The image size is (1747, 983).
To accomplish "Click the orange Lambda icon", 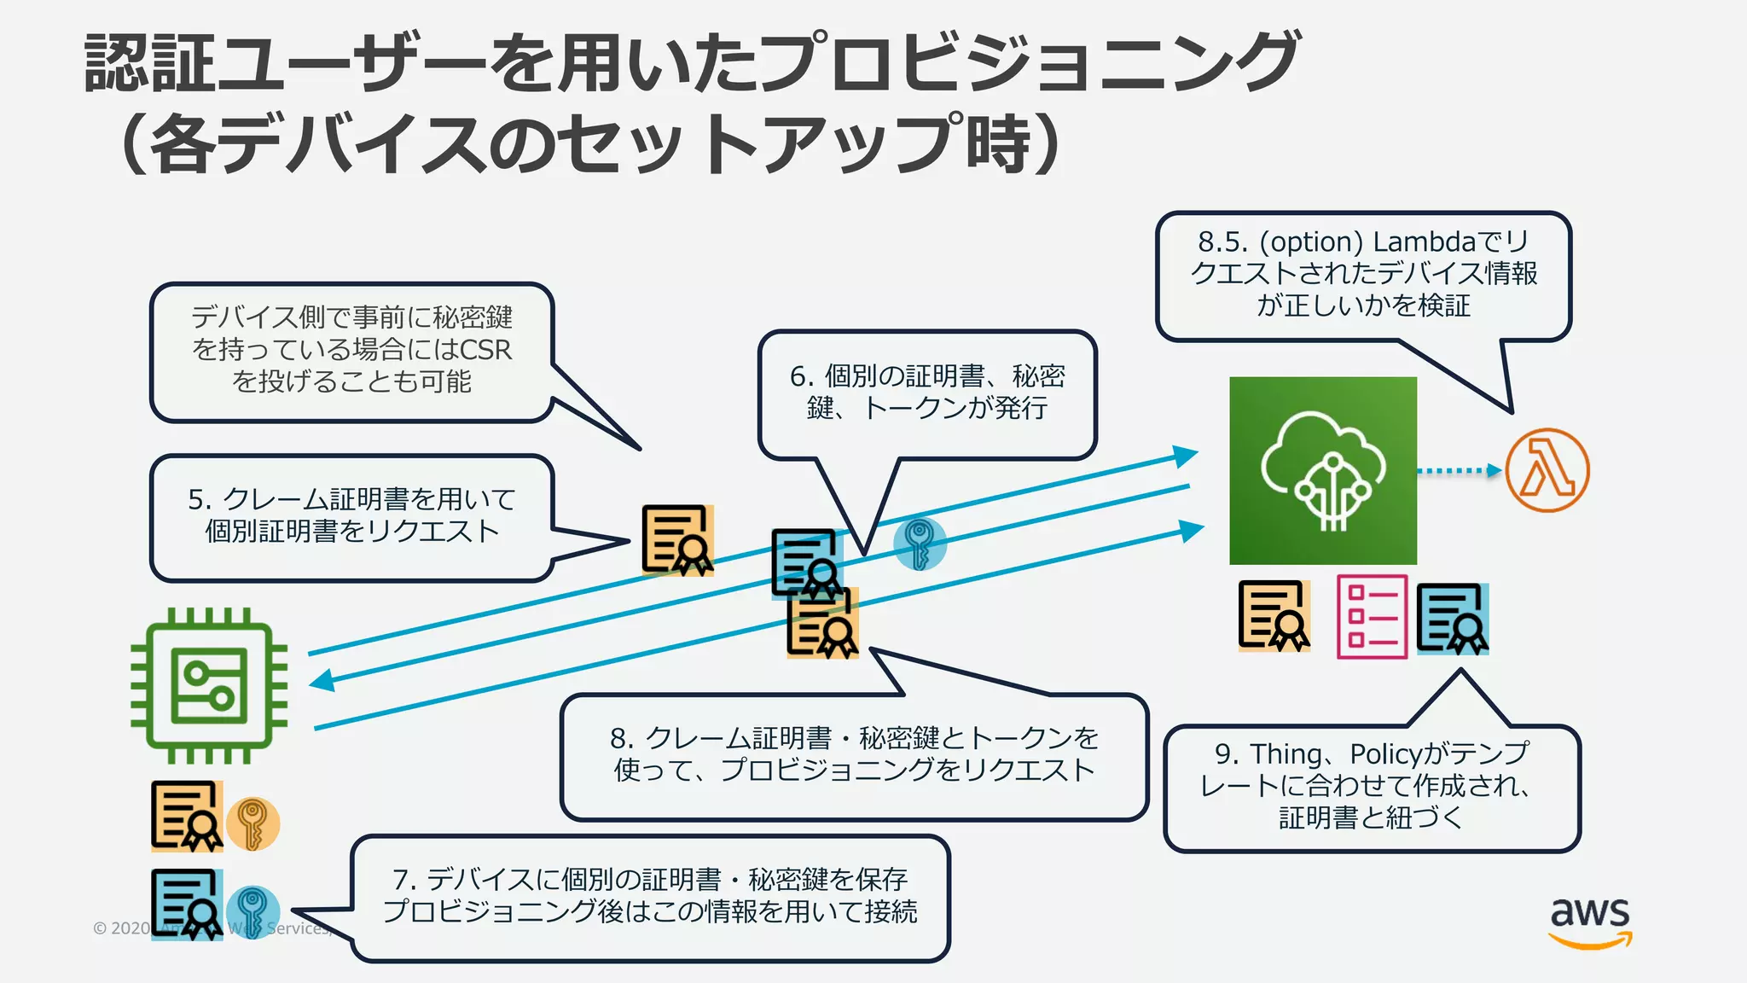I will click(1547, 470).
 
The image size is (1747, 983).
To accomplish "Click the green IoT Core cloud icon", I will click(1323, 470).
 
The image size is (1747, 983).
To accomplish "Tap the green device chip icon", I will click(209, 686).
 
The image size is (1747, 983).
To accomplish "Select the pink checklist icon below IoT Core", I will click(1372, 617).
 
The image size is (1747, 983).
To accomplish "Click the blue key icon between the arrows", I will click(920, 544).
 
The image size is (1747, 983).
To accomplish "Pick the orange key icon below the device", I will click(252, 823).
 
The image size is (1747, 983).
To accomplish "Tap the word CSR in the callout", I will click(485, 350).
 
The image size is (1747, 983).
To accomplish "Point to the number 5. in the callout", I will click(199, 499).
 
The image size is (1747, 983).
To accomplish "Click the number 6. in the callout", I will click(801, 376).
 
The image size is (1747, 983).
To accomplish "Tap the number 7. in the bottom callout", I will click(403, 880).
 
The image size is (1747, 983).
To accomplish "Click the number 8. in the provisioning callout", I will click(622, 738).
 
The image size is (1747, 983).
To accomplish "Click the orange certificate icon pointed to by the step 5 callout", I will click(677, 540).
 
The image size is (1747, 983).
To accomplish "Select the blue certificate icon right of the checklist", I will click(1453, 619).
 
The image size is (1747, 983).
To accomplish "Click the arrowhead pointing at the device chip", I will click(322, 680).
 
